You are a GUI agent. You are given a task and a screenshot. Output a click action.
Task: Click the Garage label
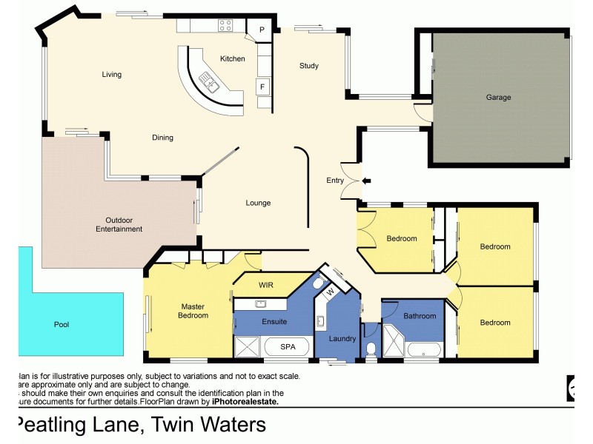(498, 97)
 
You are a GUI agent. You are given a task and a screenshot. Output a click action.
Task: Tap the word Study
(309, 66)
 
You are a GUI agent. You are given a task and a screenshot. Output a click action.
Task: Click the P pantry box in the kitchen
(262, 30)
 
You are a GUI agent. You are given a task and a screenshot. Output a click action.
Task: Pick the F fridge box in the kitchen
(262, 87)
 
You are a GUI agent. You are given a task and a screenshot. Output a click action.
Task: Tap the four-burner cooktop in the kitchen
(225, 25)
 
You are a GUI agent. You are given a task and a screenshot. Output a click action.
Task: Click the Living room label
(112, 74)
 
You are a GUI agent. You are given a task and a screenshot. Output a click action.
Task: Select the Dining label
(162, 138)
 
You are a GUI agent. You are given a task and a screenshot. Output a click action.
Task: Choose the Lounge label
(258, 203)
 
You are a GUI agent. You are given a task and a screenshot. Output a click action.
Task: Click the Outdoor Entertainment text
(119, 224)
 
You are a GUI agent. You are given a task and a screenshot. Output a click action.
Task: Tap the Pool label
(62, 324)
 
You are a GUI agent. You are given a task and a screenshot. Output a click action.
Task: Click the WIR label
(267, 284)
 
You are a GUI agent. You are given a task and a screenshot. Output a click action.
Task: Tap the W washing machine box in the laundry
(331, 291)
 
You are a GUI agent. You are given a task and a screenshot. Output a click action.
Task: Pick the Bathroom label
(420, 316)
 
